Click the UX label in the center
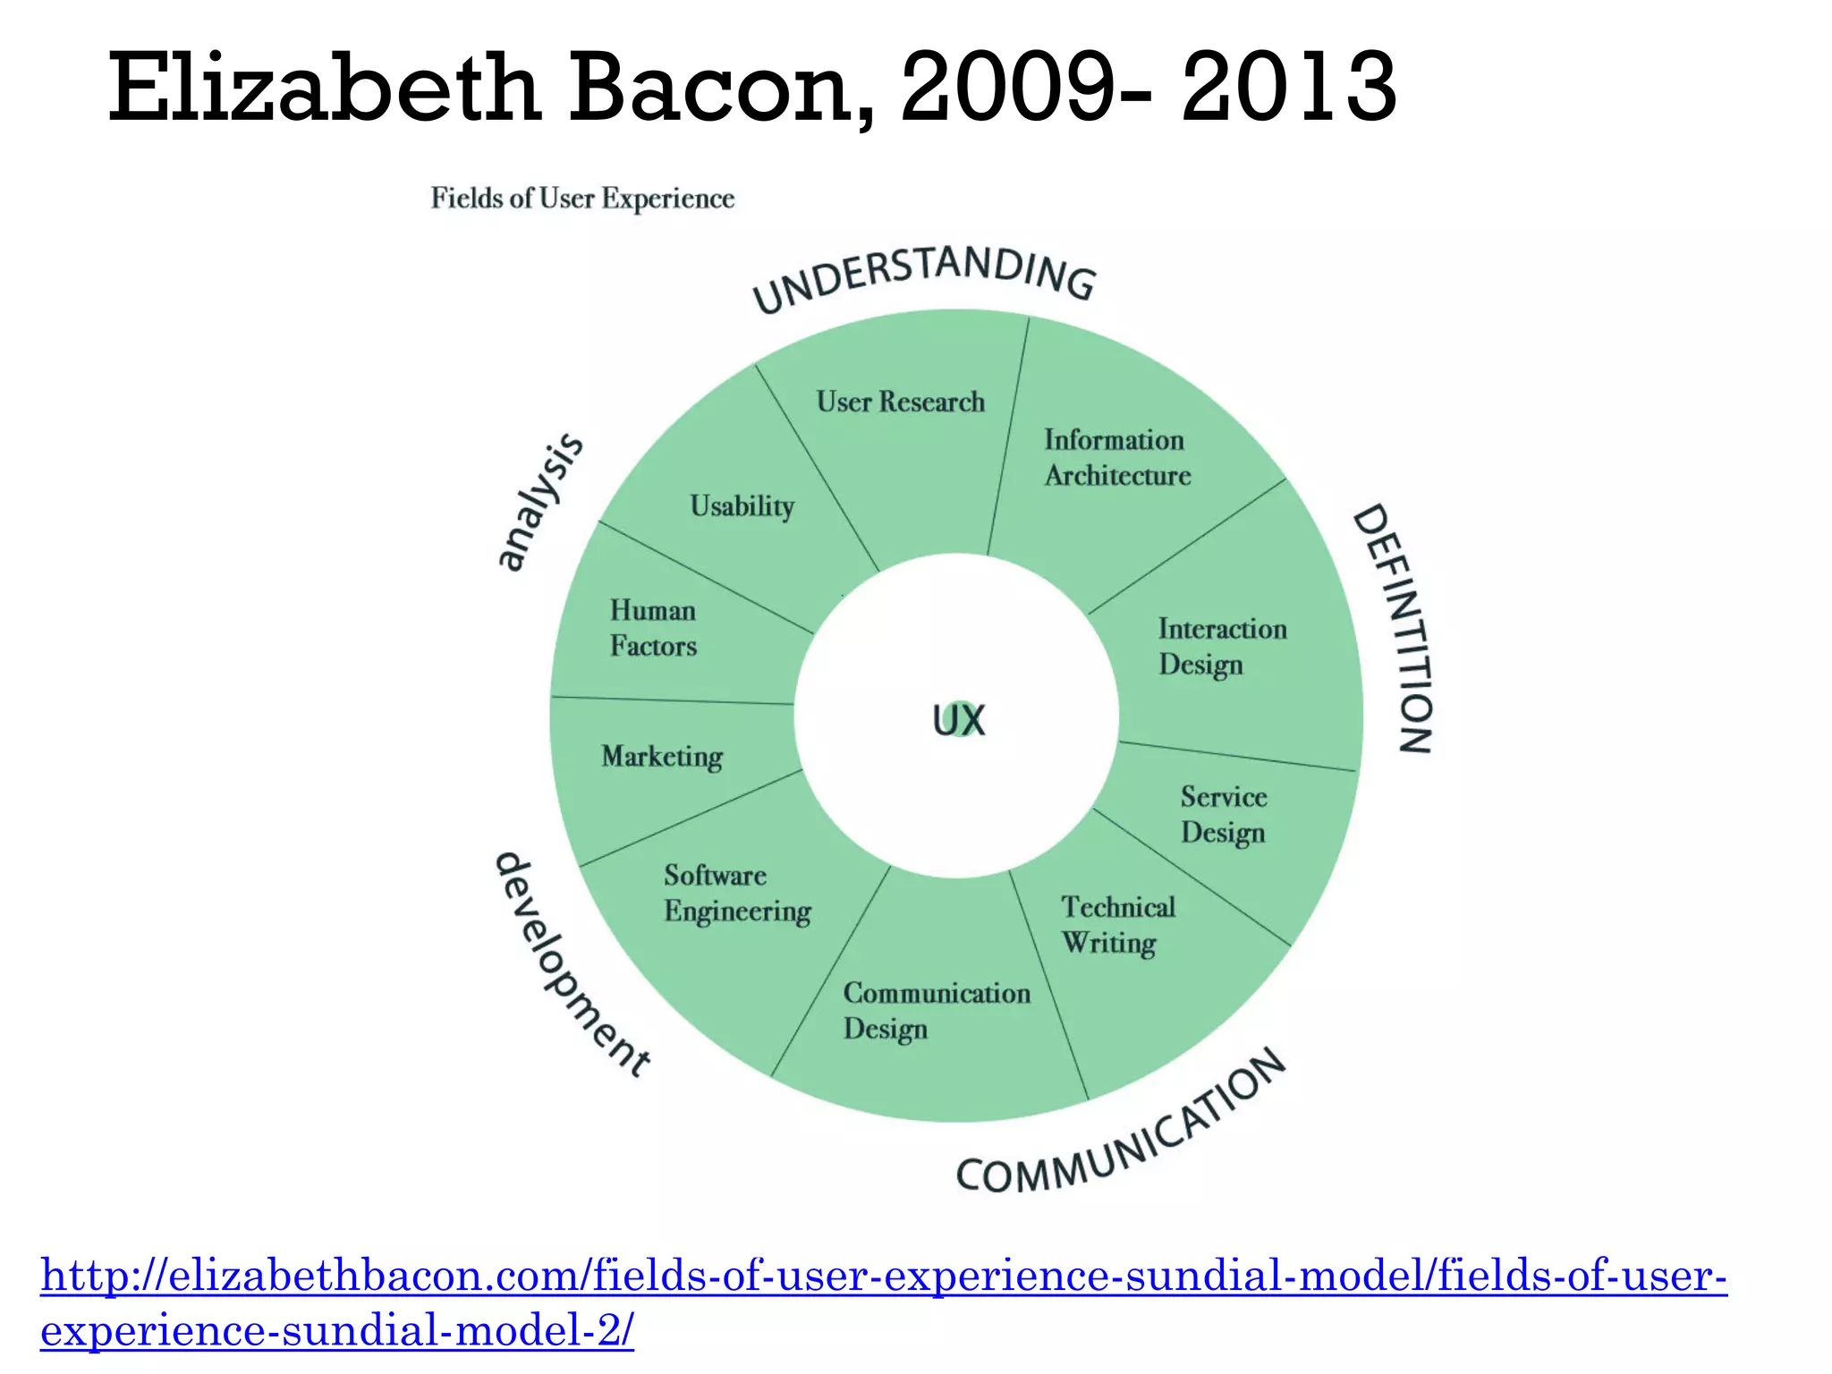click(958, 720)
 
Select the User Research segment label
click(900, 402)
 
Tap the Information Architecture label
click(1116, 458)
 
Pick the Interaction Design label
click(1222, 647)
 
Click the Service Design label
click(1223, 815)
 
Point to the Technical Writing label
click(1117, 925)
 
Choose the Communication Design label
click(936, 1011)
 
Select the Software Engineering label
click(737, 893)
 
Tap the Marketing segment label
click(662, 757)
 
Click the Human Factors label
click(653, 628)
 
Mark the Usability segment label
click(742, 506)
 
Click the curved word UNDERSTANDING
click(923, 276)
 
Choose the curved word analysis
click(539, 501)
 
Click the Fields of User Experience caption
click(582, 198)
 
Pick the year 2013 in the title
click(1288, 88)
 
